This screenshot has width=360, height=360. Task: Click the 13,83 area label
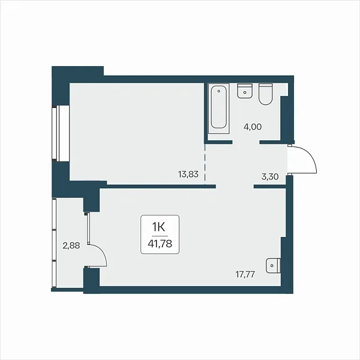coord(188,174)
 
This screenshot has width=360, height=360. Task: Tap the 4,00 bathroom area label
coord(253,127)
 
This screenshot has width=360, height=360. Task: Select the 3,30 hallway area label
coord(270,177)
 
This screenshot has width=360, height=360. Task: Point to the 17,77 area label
coord(245,274)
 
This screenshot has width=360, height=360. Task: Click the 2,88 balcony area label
coord(71,245)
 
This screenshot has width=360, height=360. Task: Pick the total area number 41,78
coord(160,244)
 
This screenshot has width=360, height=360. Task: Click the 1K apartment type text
coord(158,227)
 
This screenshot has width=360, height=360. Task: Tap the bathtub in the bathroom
coord(219,108)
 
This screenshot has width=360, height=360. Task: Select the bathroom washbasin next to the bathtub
coord(245,91)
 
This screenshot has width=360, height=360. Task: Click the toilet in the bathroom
coord(265,94)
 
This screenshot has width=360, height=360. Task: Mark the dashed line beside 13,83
coord(205,164)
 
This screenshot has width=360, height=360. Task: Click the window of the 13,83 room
coord(61,134)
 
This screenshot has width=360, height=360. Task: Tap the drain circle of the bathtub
coord(219,91)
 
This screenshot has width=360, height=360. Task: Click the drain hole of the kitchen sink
coord(272,266)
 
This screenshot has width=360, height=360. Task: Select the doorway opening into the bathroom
coord(246,142)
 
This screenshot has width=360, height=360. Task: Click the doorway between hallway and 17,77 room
coord(235,187)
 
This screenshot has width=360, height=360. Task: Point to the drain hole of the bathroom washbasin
coord(245,92)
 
